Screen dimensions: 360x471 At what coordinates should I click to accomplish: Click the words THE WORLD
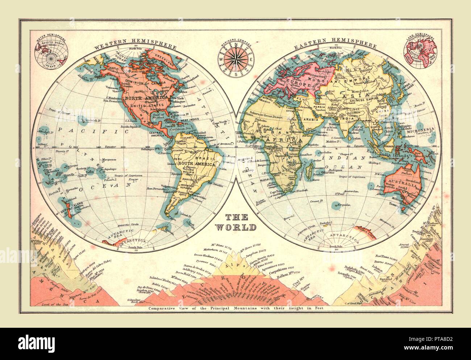tap(237, 222)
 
